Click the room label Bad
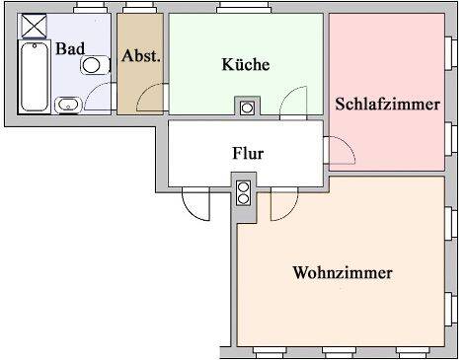coord(69,48)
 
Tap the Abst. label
coord(141,56)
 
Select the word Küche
coord(245,65)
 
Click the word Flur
coord(247,154)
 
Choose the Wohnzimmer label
coord(343,272)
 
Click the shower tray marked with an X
coord(34,26)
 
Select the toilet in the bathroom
coord(94,65)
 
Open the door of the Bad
coord(100,96)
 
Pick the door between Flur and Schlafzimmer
coord(339,151)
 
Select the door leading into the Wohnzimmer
coord(280,203)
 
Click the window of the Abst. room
coord(139,10)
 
